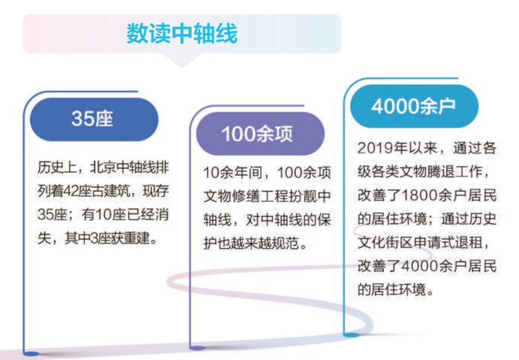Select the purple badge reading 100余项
(257, 133)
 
